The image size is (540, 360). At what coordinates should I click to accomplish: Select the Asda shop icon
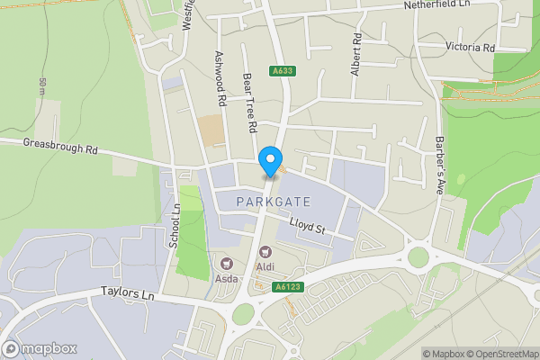pyautogui.click(x=227, y=264)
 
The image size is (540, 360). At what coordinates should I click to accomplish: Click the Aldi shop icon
pyautogui.click(x=265, y=253)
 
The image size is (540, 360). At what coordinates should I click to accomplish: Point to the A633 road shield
pyautogui.click(x=282, y=71)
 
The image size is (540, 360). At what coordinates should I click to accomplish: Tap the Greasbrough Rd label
pyautogui.click(x=59, y=147)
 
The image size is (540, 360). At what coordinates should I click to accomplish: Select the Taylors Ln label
pyautogui.click(x=128, y=294)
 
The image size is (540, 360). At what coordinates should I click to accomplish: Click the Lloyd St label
pyautogui.click(x=306, y=226)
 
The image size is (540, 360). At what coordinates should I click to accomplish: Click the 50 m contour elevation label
pyautogui.click(x=42, y=87)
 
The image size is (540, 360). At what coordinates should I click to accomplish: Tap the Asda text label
pyautogui.click(x=226, y=278)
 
